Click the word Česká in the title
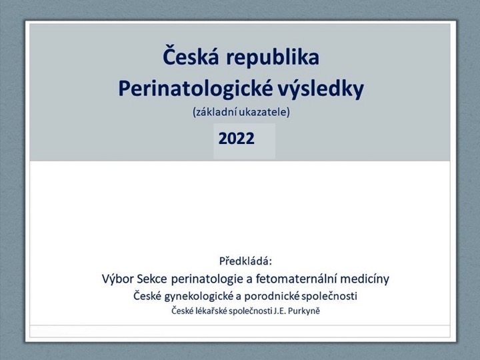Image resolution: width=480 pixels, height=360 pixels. tap(191, 55)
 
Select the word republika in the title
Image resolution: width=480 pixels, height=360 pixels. tap(273, 58)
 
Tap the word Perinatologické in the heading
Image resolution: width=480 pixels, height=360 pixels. tap(195, 89)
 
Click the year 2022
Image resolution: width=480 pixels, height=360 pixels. tap(236, 139)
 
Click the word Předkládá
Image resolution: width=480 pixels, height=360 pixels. tap(245, 261)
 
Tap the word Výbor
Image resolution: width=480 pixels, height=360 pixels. tap(118, 279)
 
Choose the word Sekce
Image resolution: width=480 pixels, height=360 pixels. tap(153, 279)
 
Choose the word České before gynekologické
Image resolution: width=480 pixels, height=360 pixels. tap(147, 296)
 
